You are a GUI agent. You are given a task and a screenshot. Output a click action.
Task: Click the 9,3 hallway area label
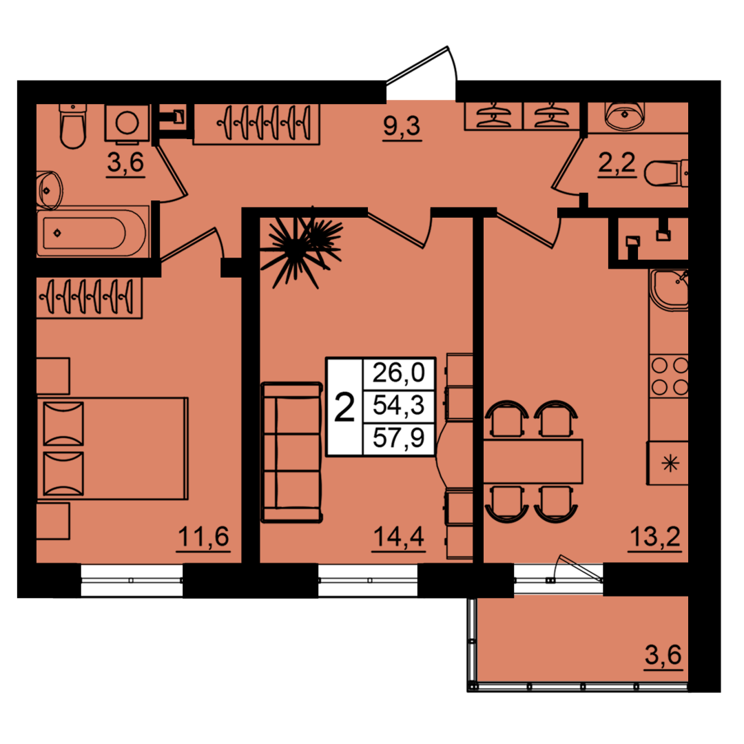pyautogui.click(x=402, y=127)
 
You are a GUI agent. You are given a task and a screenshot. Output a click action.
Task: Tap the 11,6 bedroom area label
pyautogui.click(x=203, y=537)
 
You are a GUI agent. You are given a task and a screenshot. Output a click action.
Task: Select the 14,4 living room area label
pyautogui.click(x=399, y=537)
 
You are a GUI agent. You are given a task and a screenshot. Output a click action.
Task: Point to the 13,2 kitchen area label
pyautogui.click(x=655, y=537)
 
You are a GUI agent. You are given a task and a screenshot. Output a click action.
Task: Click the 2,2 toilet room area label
pyautogui.click(x=617, y=163)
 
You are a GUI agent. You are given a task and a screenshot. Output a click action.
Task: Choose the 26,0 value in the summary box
pyautogui.click(x=399, y=373)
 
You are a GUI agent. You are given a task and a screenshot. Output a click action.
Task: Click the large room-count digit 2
pyautogui.click(x=344, y=407)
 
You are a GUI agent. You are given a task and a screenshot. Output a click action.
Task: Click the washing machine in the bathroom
pyautogui.click(x=127, y=123)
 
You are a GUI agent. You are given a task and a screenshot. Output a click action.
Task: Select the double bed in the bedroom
pyautogui.click(x=112, y=448)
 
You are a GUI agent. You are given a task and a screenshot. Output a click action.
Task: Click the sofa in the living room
pyautogui.click(x=291, y=452)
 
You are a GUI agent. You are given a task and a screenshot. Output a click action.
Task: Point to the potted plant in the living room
pyautogui.click(x=301, y=247)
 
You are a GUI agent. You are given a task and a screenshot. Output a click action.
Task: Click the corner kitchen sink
pyautogui.click(x=669, y=291)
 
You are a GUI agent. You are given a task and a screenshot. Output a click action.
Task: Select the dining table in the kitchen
pyautogui.click(x=533, y=462)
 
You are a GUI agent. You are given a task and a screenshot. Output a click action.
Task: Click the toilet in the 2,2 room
pyautogui.click(x=665, y=173)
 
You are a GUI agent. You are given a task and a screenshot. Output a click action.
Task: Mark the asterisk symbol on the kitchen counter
pyautogui.click(x=670, y=463)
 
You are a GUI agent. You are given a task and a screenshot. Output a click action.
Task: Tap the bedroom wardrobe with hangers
pyautogui.click(x=89, y=298)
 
